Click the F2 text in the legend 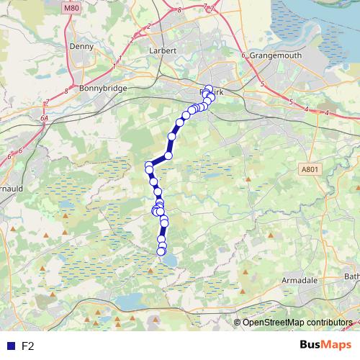click(x=28, y=346)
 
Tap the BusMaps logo click(x=325, y=345)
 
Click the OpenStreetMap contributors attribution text click(x=297, y=322)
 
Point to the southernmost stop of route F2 click(x=161, y=251)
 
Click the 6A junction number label click(x=44, y=117)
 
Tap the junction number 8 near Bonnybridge click(x=66, y=91)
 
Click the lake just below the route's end click(x=168, y=261)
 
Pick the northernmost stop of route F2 click(x=209, y=89)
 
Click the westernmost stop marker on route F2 click(x=149, y=166)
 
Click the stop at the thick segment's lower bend click(x=168, y=156)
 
